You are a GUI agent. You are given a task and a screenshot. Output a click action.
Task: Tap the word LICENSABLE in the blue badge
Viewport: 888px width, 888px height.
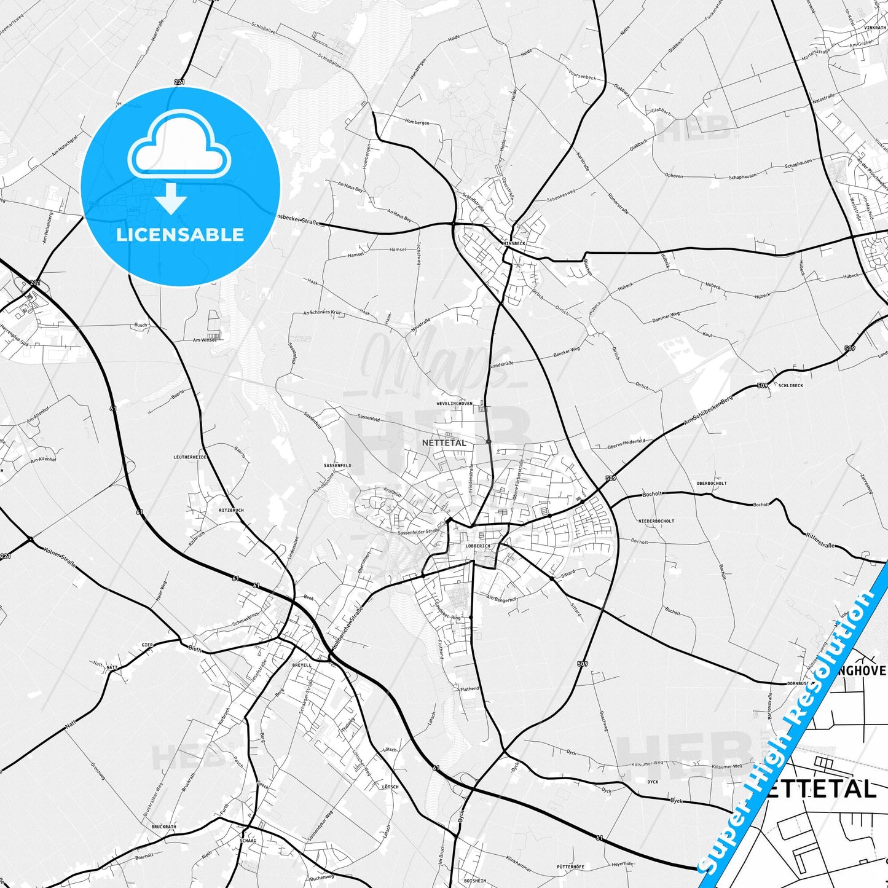pyautogui.click(x=180, y=235)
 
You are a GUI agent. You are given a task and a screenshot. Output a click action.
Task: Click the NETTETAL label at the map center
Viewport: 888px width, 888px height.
pyautogui.click(x=444, y=442)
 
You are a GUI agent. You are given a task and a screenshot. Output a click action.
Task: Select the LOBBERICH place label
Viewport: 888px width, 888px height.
pyautogui.click(x=478, y=546)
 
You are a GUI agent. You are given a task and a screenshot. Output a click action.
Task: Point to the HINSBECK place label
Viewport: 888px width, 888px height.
pyautogui.click(x=514, y=243)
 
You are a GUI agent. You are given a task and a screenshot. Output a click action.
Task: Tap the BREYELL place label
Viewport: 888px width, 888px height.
pyautogui.click(x=302, y=665)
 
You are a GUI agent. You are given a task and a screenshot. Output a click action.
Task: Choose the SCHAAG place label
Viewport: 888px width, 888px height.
pyautogui.click(x=248, y=840)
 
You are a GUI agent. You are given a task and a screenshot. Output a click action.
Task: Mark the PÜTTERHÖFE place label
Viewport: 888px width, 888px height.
pyautogui.click(x=570, y=866)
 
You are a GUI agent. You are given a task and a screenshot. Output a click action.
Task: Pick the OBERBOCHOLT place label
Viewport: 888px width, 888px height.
pyautogui.click(x=712, y=484)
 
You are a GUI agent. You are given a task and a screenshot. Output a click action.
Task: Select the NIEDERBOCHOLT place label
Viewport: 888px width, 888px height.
pyautogui.click(x=656, y=521)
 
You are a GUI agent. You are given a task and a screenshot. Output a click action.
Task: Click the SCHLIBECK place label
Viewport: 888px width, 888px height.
pyautogui.click(x=790, y=386)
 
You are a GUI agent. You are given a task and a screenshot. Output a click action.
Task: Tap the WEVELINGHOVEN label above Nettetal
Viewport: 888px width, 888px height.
pyautogui.click(x=454, y=404)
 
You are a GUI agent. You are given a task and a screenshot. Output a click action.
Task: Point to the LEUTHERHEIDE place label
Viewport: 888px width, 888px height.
pyautogui.click(x=190, y=457)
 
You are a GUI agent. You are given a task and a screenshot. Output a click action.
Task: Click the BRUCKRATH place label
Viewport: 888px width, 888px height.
pyautogui.click(x=163, y=827)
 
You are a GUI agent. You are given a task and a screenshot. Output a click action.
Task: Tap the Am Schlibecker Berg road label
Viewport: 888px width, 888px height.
pyautogui.click(x=709, y=410)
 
